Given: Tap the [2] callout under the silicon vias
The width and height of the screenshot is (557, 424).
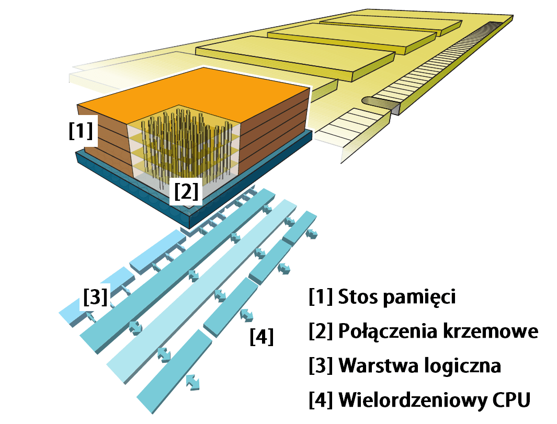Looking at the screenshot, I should point(186,192).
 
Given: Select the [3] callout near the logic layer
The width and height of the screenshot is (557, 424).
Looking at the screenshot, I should point(95,297).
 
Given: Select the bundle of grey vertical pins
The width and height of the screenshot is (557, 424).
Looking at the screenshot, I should point(186,146).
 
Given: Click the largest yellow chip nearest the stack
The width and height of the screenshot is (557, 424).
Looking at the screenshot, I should point(293,55).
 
